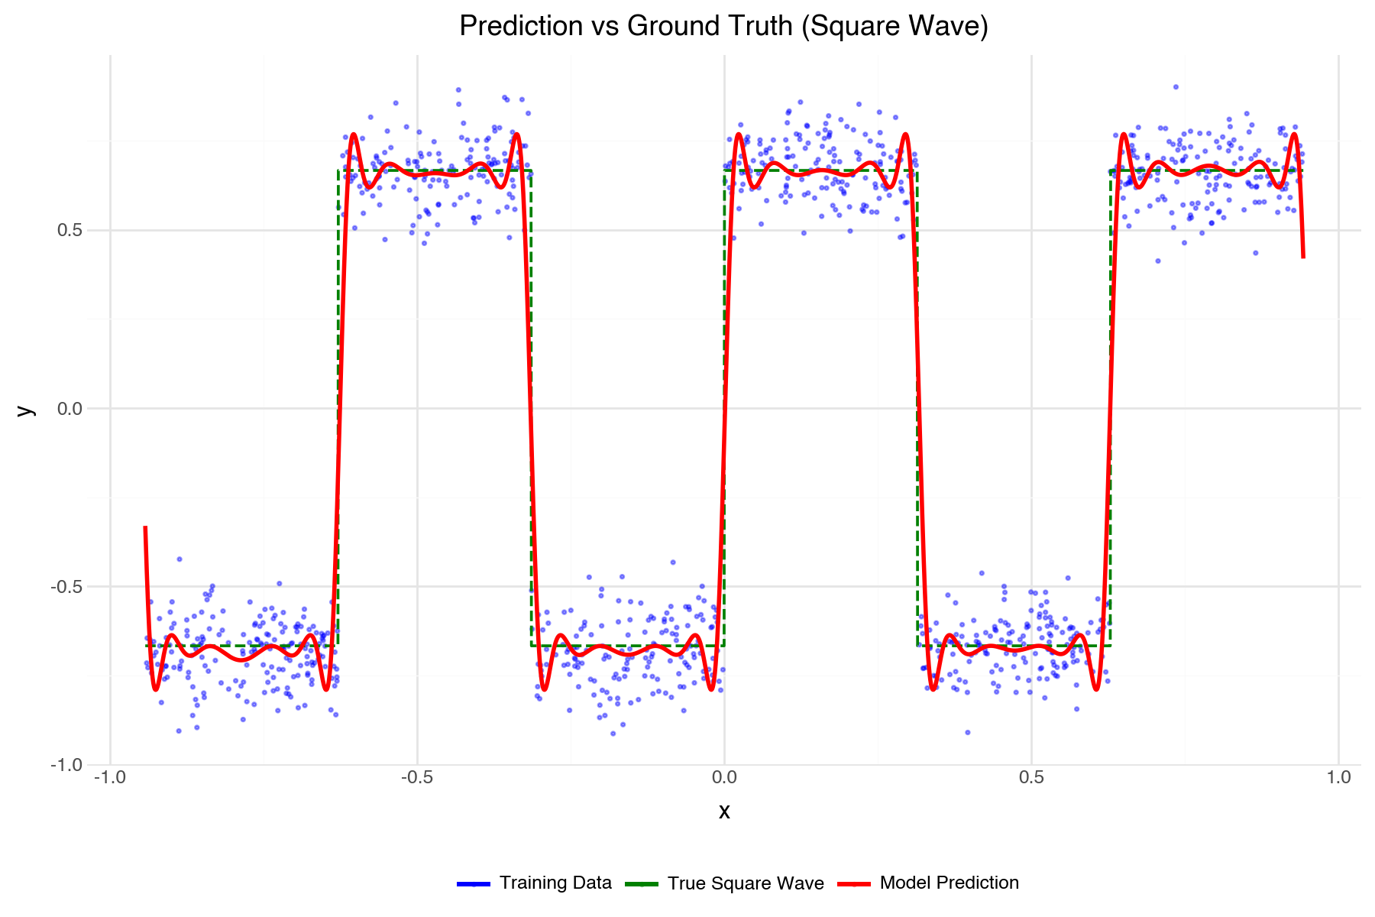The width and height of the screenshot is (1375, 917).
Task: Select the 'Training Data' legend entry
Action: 555,883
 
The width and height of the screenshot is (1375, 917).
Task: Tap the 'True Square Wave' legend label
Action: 746,883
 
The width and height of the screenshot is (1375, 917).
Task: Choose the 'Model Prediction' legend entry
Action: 949,883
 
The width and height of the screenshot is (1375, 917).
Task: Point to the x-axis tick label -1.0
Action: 110,778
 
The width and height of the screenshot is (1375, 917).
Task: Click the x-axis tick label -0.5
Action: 417,778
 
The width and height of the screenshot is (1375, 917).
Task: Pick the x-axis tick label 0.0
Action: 724,778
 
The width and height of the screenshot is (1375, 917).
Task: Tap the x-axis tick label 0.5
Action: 1031,778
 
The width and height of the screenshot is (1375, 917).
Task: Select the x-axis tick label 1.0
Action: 1338,778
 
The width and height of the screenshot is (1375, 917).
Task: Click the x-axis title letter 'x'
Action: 724,812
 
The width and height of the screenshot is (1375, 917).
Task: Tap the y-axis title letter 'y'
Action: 26,410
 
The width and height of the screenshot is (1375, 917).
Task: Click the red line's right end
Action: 1303,257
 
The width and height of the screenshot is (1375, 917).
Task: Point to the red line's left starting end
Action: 145,527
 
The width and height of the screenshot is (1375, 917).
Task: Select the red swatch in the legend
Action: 854,884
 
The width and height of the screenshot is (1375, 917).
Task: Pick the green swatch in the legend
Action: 642,884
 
